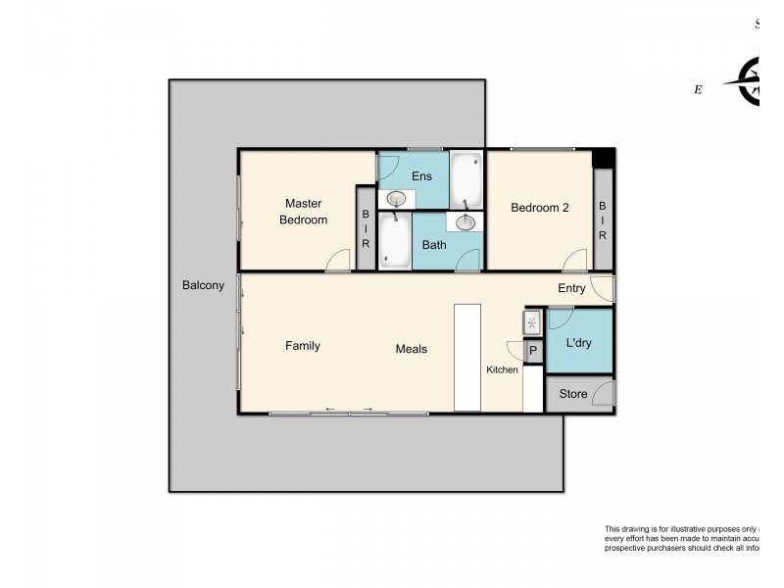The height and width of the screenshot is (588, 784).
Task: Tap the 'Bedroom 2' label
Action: pyautogui.click(x=540, y=207)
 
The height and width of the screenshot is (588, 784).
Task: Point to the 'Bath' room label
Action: pyautogui.click(x=434, y=245)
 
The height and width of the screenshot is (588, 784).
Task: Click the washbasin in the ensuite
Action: pyautogui.click(x=396, y=200)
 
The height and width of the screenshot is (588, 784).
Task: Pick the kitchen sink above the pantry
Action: pyautogui.click(x=532, y=322)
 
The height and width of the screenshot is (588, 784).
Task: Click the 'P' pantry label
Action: pyautogui.click(x=533, y=351)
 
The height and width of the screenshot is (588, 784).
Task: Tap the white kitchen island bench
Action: pyautogui.click(x=467, y=357)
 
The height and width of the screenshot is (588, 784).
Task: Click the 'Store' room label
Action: pyautogui.click(x=572, y=394)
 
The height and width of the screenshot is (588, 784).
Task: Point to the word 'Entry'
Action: pyautogui.click(x=571, y=288)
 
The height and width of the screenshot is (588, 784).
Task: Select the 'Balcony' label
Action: pyautogui.click(x=203, y=286)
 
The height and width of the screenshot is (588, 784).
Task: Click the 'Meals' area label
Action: pyautogui.click(x=411, y=349)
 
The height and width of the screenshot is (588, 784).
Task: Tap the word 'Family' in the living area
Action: pyautogui.click(x=303, y=346)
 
